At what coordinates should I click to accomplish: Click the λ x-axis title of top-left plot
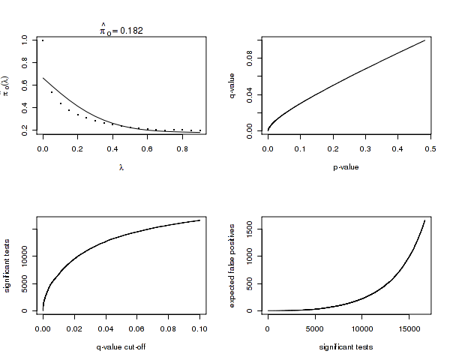point(121,166)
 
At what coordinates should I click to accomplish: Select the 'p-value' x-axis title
point(346,166)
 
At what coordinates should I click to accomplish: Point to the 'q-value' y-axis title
point(233,85)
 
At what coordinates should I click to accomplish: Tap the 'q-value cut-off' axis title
point(121,346)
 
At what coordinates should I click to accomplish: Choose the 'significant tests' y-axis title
point(8,265)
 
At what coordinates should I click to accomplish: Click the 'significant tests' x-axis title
point(346,346)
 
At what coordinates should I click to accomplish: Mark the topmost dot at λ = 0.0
point(43,40)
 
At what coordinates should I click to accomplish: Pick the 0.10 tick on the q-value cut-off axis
point(199,328)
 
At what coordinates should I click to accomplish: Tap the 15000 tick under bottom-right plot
point(409,328)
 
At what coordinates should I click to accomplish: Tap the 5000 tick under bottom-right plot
point(315,328)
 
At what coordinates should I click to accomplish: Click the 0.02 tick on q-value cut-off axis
point(74,328)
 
